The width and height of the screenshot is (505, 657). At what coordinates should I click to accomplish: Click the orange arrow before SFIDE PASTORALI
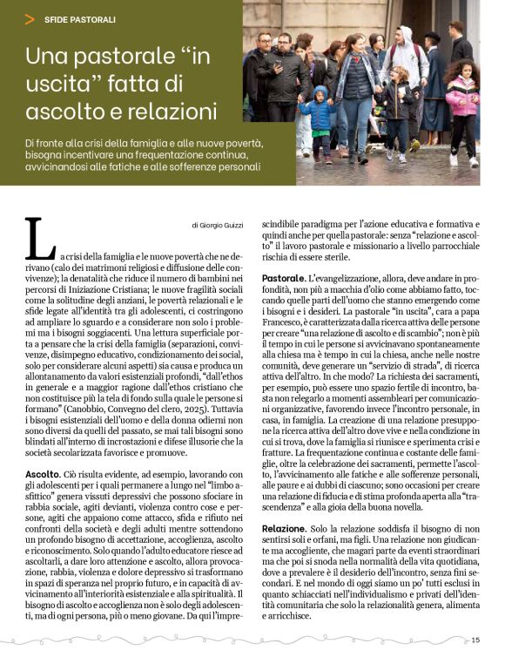[30, 18]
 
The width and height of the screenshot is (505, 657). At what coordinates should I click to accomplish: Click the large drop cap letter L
[39, 238]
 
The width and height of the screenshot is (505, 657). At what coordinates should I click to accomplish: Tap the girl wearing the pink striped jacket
[461, 105]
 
